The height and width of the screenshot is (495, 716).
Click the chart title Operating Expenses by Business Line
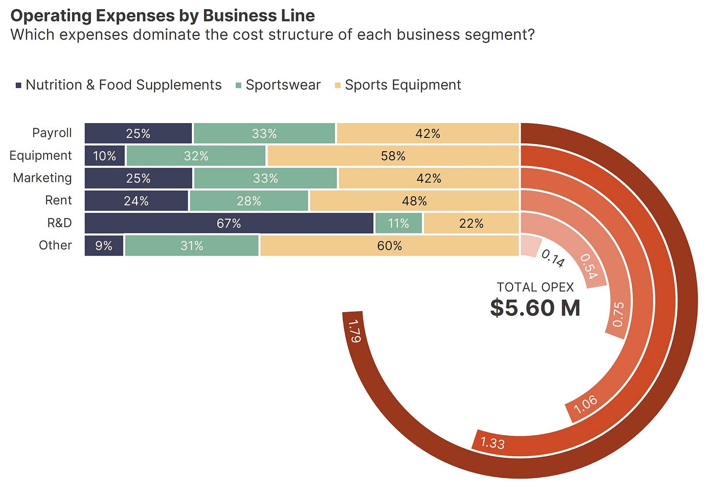[163, 16]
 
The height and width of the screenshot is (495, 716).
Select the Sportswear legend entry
[278, 85]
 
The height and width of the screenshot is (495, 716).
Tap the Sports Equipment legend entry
[398, 85]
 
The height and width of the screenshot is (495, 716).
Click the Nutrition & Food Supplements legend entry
[119, 85]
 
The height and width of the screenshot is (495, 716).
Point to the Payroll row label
[52, 133]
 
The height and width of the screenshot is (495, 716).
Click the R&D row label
[59, 223]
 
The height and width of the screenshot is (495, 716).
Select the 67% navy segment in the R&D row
[229, 223]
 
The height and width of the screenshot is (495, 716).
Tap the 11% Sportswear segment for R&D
[398, 223]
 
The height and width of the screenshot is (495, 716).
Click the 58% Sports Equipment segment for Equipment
[393, 156]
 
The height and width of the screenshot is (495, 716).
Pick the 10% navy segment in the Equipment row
[104, 156]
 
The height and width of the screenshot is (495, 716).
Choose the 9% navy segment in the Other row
[104, 246]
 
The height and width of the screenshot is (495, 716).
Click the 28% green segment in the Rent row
[249, 201]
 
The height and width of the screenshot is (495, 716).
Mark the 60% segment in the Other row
[390, 246]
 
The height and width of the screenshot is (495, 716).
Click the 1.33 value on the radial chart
[493, 443]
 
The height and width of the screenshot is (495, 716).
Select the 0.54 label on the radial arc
[589, 266]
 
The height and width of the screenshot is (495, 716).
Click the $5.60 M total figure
[535, 308]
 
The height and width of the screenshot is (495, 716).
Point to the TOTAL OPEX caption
[535, 287]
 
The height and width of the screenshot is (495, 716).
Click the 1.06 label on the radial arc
[585, 404]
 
